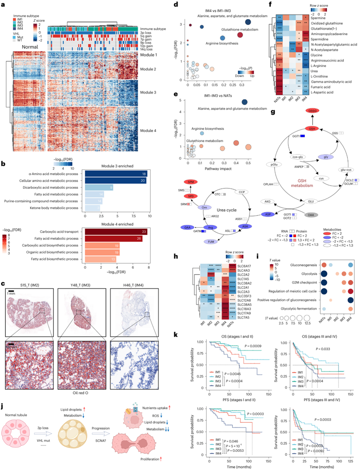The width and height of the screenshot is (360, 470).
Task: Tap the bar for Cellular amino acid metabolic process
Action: (x=116, y=181)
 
